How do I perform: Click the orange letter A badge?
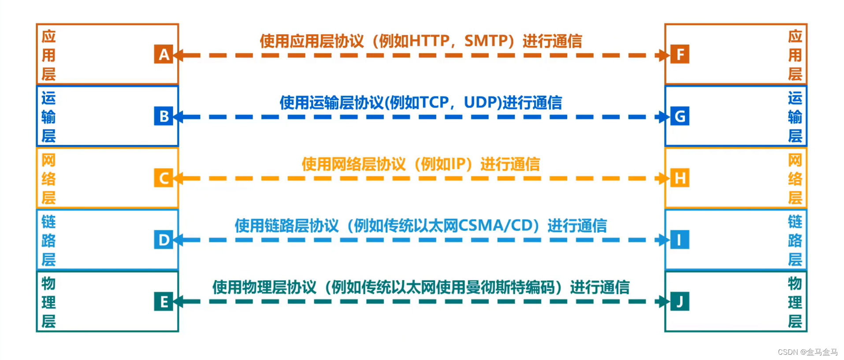(x=164, y=54)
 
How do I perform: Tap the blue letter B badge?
(x=164, y=116)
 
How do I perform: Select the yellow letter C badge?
(x=164, y=178)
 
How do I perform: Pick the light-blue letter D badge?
(x=164, y=240)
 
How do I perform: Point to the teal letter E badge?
(x=164, y=301)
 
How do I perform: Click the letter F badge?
(x=680, y=54)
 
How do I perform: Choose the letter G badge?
(x=680, y=116)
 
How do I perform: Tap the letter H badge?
(x=680, y=178)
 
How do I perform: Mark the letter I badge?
(x=680, y=240)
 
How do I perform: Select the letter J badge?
(x=680, y=301)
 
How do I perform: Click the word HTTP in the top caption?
(x=429, y=41)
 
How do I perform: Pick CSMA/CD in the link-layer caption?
(x=495, y=226)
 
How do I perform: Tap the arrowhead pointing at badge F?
(x=663, y=56)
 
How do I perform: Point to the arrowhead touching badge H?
(x=663, y=178)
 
